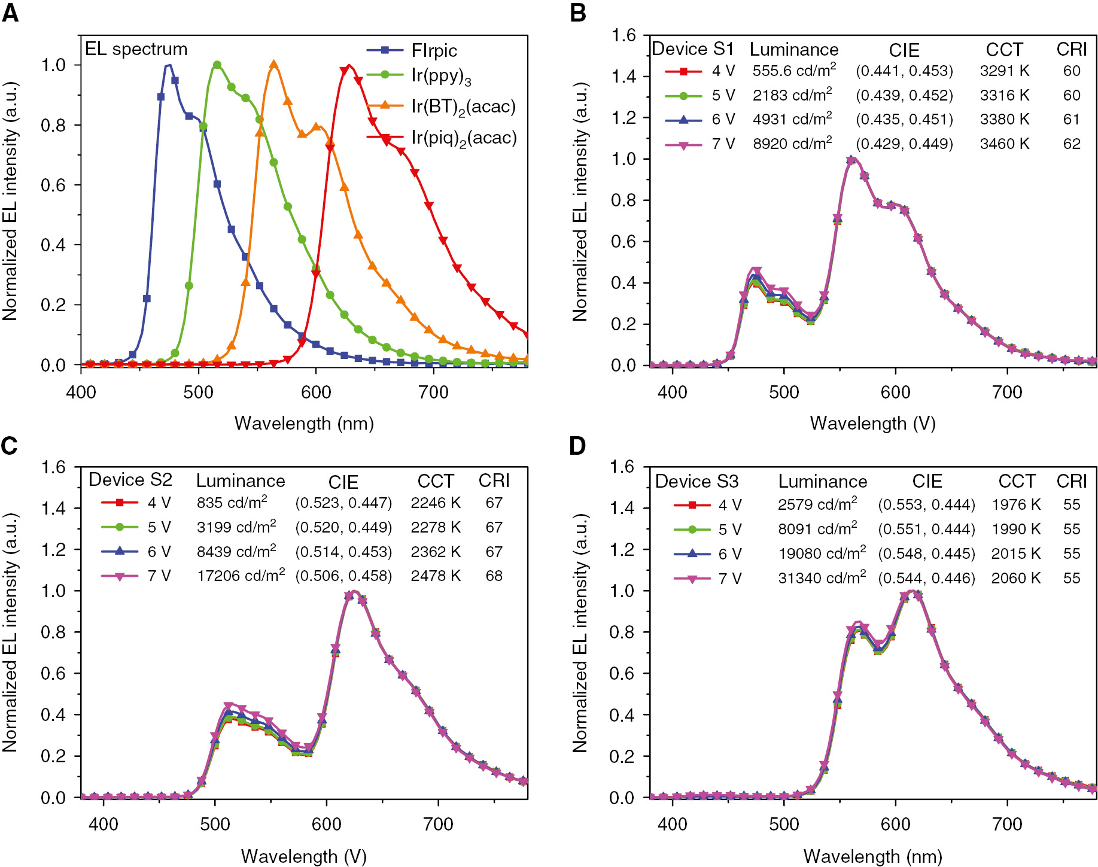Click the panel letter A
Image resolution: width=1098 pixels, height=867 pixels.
(10, 13)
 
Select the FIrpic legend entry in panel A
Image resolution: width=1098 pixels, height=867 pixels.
(434, 51)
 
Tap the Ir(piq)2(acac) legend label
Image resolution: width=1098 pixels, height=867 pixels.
(463, 138)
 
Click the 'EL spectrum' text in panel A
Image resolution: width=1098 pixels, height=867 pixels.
(136, 49)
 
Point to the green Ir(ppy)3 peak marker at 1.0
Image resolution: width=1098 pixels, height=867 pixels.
(217, 65)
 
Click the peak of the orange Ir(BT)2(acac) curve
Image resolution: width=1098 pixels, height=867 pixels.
(274, 65)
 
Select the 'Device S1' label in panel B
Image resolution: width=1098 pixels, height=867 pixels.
(692, 49)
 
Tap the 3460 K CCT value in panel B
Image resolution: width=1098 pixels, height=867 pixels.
(1004, 144)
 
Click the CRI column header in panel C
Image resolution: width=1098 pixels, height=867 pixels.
(494, 480)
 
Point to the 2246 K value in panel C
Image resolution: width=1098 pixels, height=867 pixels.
(435, 503)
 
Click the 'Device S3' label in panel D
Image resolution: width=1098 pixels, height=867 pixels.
(696, 481)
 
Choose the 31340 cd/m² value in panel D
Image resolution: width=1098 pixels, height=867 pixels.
(822, 578)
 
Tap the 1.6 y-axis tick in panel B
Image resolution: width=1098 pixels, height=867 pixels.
(623, 35)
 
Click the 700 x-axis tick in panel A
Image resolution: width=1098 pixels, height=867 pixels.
(433, 393)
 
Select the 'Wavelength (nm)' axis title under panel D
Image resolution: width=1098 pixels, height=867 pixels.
(872, 856)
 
